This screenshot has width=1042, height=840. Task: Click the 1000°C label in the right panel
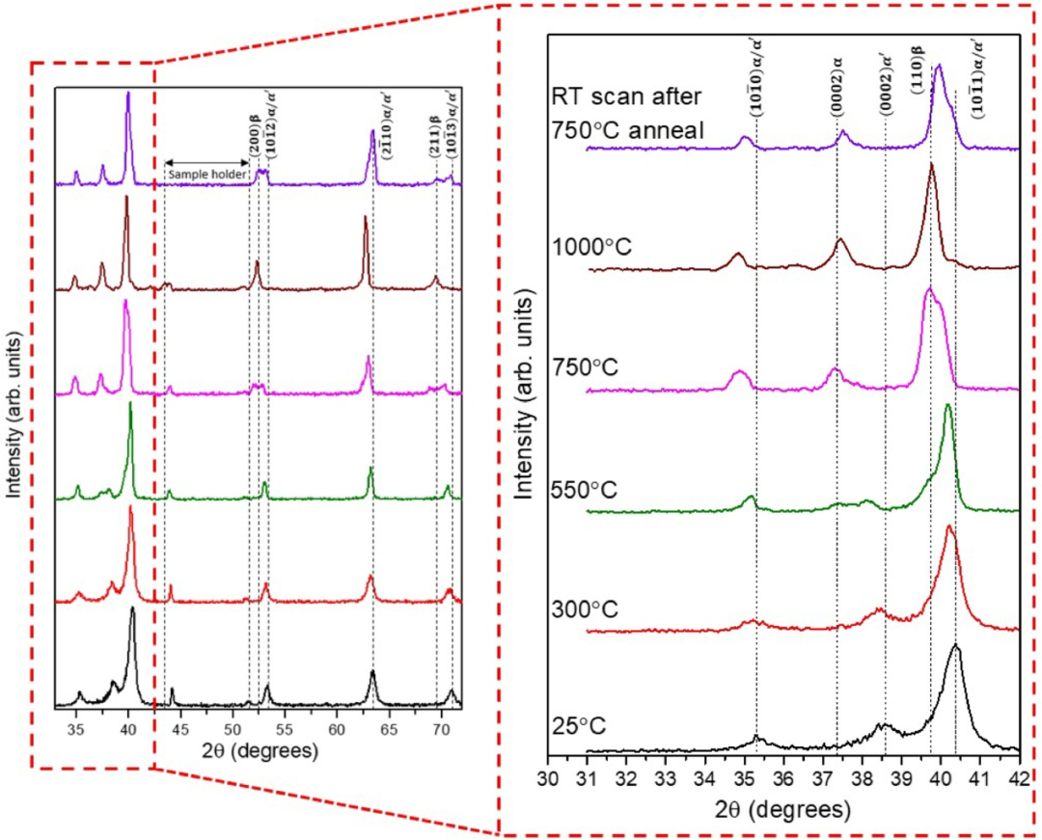click(591, 248)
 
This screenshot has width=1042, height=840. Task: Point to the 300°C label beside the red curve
click(585, 610)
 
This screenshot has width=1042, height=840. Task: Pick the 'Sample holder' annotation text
click(206, 175)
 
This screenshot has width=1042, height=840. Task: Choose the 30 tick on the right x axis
click(548, 776)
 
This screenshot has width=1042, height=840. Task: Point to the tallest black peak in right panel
click(955, 645)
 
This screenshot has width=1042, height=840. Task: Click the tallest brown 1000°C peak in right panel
click(931, 165)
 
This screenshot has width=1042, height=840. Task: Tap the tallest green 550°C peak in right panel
click(948, 405)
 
